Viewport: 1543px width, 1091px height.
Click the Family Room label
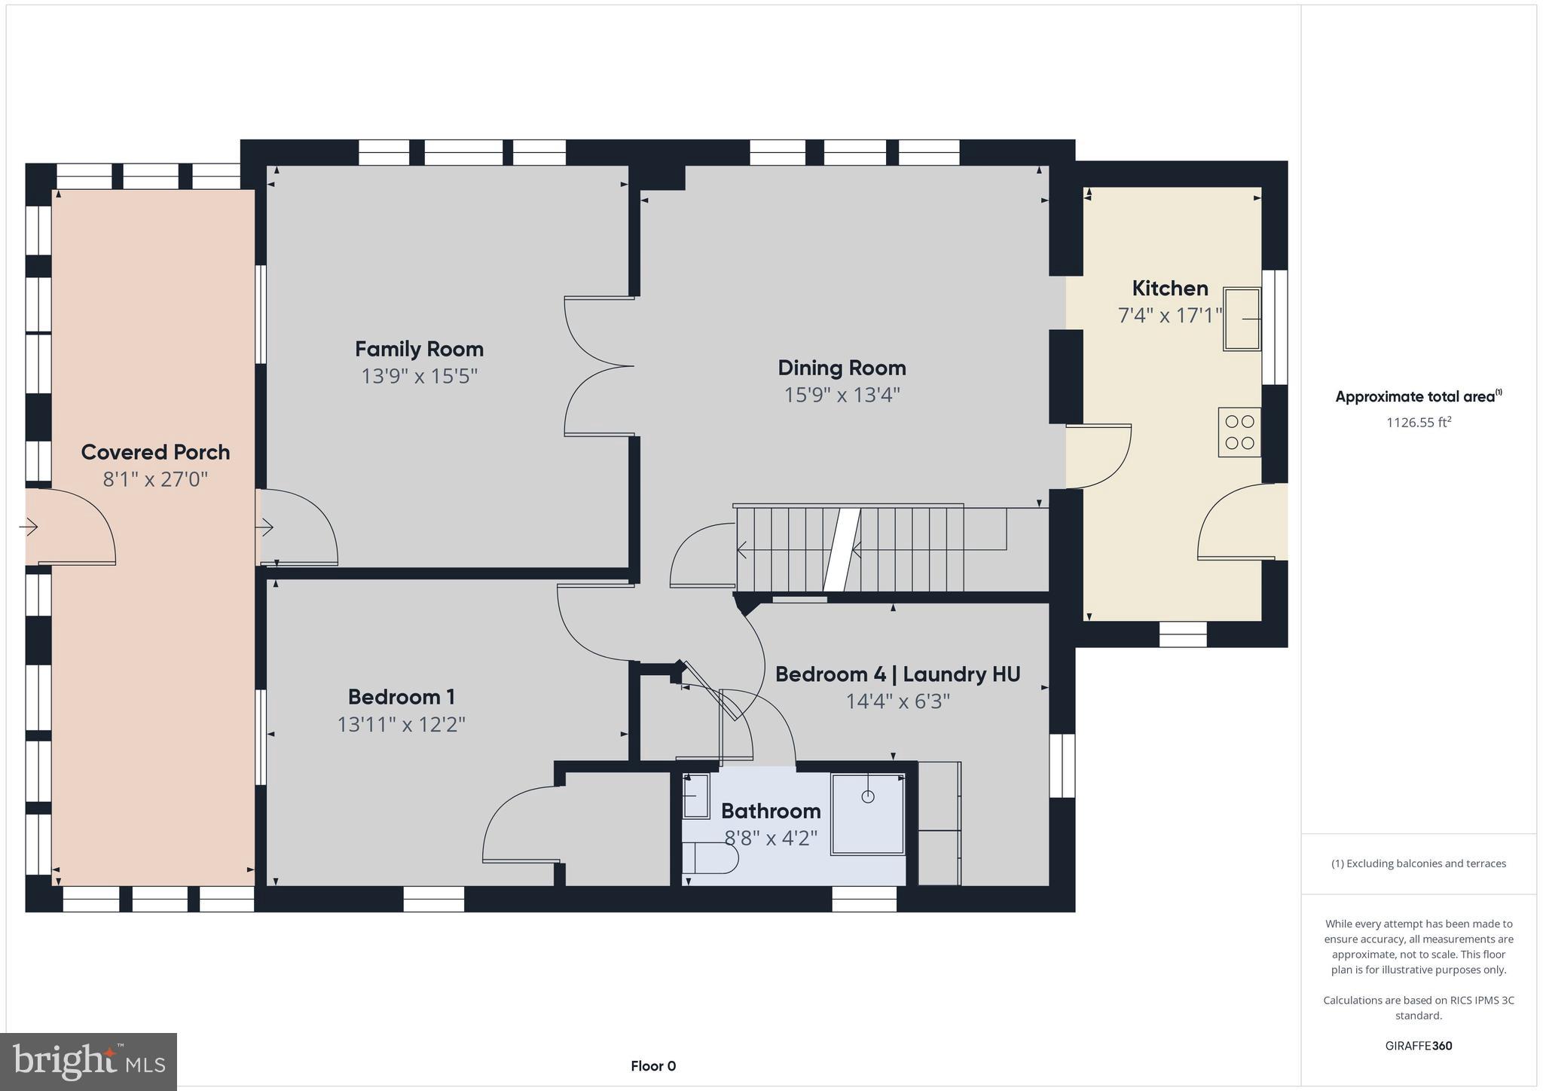pos(419,349)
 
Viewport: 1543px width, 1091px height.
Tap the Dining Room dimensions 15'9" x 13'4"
pos(842,395)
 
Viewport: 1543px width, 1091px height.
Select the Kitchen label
pos(1169,288)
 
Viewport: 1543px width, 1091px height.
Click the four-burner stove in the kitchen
pos(1239,432)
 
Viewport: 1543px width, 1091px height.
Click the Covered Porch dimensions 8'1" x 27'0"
pos(155,479)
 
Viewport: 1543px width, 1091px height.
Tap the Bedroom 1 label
pos(401,697)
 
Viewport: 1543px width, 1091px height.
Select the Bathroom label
pos(771,811)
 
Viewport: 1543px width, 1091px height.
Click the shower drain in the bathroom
pos(868,796)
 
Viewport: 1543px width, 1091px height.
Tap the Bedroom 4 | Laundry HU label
pos(897,674)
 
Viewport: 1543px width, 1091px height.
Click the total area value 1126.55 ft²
pos(1418,423)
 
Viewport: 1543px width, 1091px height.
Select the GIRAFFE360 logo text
pos(1418,1046)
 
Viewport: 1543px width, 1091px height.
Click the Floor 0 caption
pos(653,1066)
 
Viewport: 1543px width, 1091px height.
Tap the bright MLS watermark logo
pos(88,1062)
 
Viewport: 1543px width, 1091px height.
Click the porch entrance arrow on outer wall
pos(29,527)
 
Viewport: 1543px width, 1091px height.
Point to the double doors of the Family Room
pos(599,366)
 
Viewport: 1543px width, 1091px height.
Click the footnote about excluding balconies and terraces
pos(1418,863)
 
